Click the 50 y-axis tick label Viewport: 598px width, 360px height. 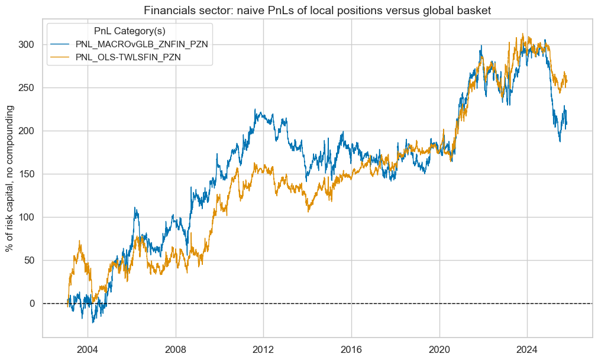[28, 261]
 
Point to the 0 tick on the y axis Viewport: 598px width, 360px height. [31, 304]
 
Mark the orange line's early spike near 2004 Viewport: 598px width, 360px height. [79, 241]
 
